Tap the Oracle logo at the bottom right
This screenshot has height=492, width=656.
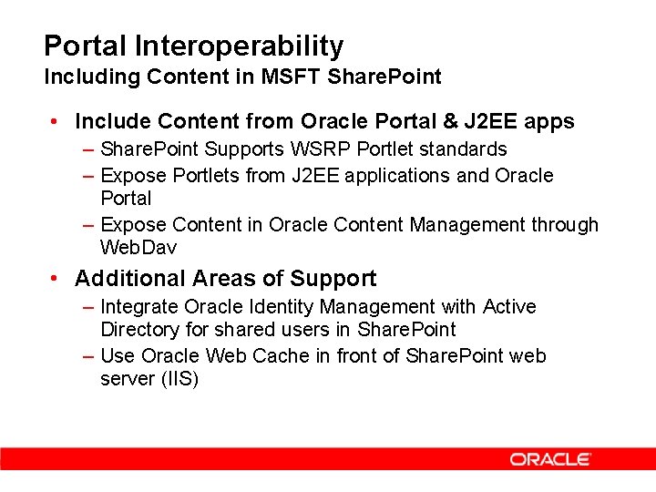click(x=550, y=459)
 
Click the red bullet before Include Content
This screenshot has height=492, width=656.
click(x=56, y=121)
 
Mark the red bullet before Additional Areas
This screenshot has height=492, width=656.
click(x=56, y=279)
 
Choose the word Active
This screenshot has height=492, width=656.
click(x=509, y=307)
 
